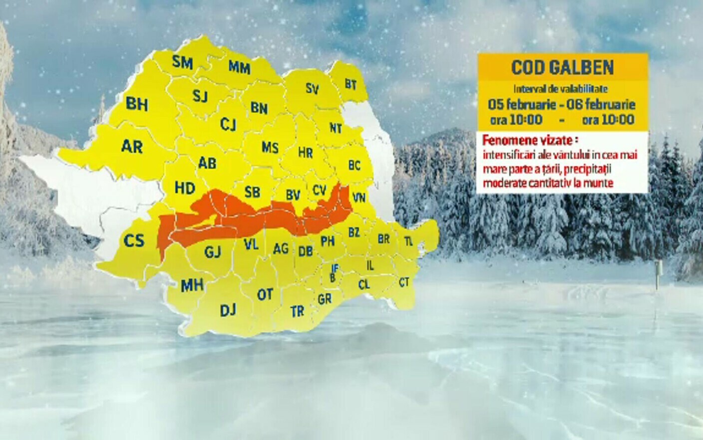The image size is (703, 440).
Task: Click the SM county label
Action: [182, 62]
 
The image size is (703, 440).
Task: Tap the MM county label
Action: [239, 67]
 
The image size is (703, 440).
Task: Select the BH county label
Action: [137, 104]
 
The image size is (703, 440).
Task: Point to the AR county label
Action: [132, 146]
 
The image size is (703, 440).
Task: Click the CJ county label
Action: [228, 124]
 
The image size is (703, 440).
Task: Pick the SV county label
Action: [312, 89]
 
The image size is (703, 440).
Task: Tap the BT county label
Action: [351, 84]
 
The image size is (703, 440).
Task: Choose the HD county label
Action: [185, 188]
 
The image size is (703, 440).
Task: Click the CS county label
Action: [134, 240]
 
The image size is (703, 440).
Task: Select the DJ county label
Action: [228, 310]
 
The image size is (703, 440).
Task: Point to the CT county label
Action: [404, 282]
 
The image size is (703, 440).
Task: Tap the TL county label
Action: [408, 241]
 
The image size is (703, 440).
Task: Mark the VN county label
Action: [358, 198]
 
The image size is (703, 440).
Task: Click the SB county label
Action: [252, 192]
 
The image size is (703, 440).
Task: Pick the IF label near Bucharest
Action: [335, 269]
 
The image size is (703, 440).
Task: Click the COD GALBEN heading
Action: [562, 67]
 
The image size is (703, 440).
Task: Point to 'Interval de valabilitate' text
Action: [561, 89]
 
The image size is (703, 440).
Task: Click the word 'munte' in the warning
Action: [599, 183]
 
